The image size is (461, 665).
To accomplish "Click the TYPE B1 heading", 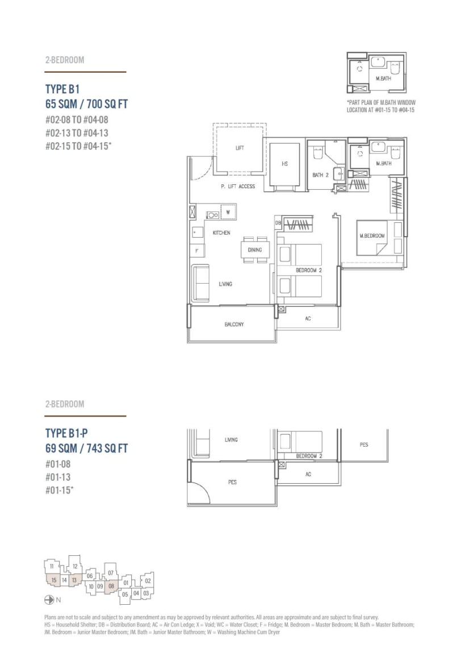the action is pyautogui.click(x=62, y=89).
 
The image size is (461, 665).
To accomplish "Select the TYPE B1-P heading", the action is pyautogui.click(x=66, y=433).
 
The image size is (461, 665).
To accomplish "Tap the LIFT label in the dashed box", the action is pyautogui.click(x=240, y=148).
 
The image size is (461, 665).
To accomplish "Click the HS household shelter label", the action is pyautogui.click(x=285, y=164).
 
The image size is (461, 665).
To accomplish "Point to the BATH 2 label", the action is pyautogui.click(x=320, y=174).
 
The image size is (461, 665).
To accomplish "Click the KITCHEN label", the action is pyautogui.click(x=221, y=233).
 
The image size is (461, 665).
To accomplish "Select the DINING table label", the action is pyautogui.click(x=255, y=250).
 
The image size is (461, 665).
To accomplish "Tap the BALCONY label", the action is pyautogui.click(x=234, y=325).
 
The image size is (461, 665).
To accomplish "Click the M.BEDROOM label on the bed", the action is pyautogui.click(x=372, y=236).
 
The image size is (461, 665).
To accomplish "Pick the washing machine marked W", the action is pyautogui.click(x=228, y=212).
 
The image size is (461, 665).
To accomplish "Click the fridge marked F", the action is pyautogui.click(x=196, y=251).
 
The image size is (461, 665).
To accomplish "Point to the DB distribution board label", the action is pyautogui.click(x=278, y=223).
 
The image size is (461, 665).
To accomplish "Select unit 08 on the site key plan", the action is pyautogui.click(x=111, y=586).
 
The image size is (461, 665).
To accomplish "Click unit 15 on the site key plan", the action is pyautogui.click(x=54, y=580).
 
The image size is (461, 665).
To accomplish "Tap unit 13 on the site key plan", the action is pyautogui.click(x=74, y=580).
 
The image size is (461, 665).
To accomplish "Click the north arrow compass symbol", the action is pyautogui.click(x=49, y=600).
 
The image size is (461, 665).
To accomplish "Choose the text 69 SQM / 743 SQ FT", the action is pyautogui.click(x=86, y=448).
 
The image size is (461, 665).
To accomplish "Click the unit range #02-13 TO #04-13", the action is pyautogui.click(x=77, y=133).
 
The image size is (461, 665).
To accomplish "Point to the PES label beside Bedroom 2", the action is pyautogui.click(x=364, y=445).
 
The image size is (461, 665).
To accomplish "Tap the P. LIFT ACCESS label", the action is pyautogui.click(x=238, y=186).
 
